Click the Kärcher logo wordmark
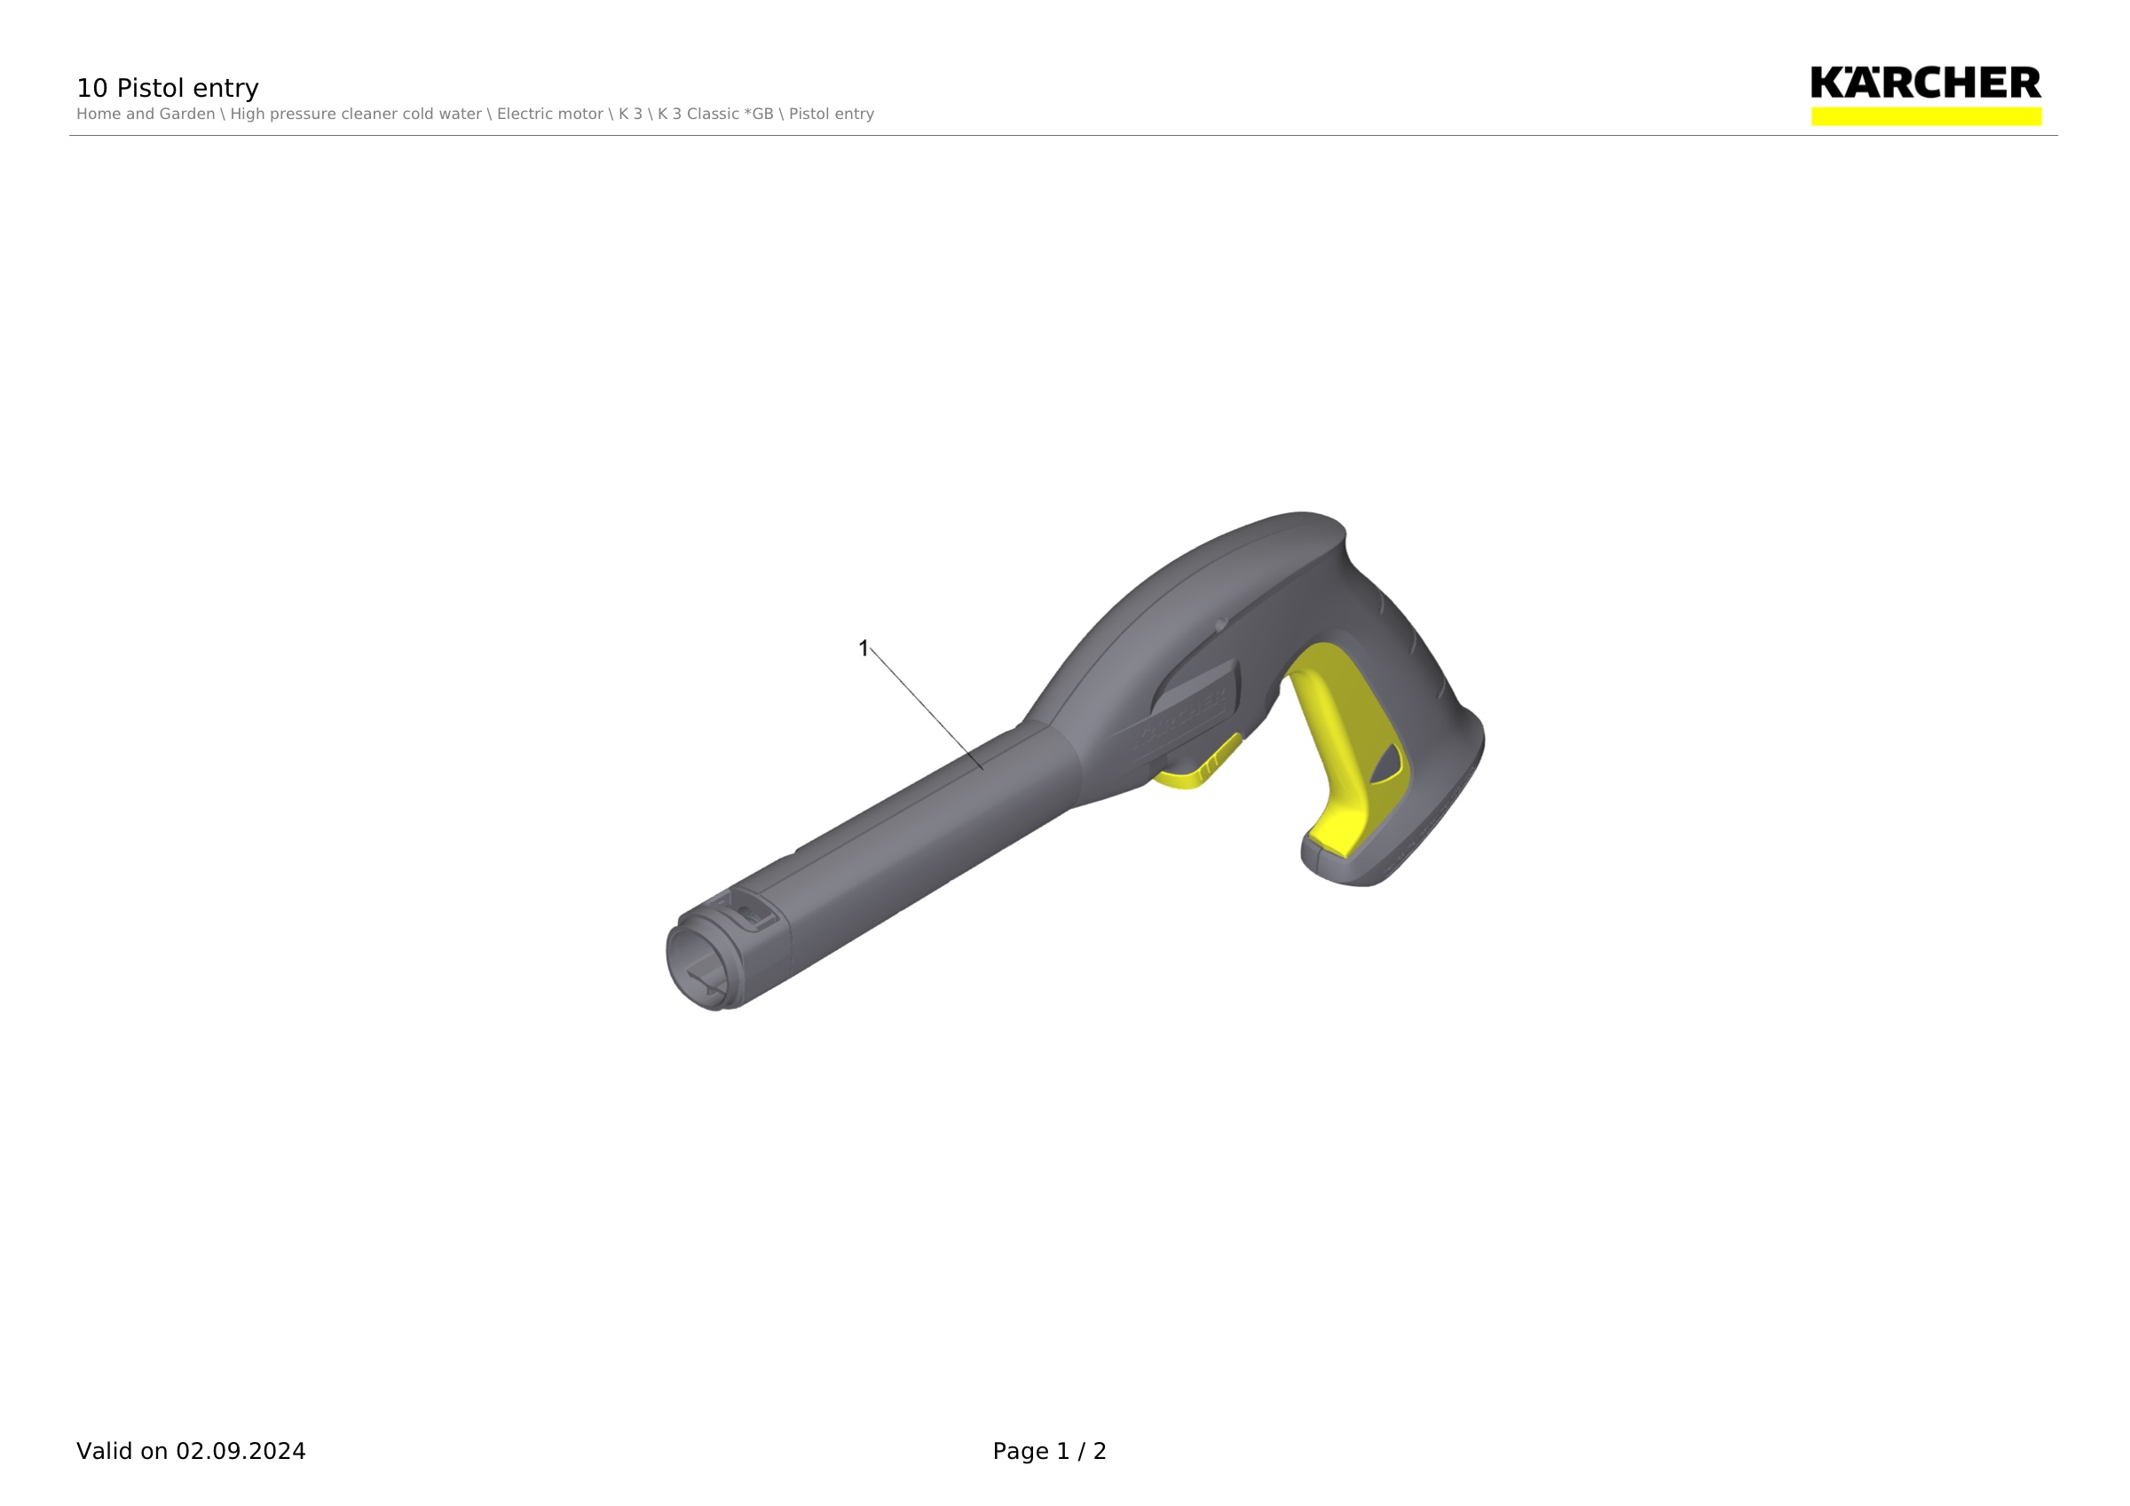click(x=1926, y=83)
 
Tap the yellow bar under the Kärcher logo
click(x=1926, y=116)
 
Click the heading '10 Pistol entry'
click(x=167, y=88)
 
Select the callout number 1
click(x=864, y=647)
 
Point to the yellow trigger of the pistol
click(x=1350, y=742)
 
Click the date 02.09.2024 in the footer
click(x=241, y=1450)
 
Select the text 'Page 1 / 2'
click(x=1049, y=1450)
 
